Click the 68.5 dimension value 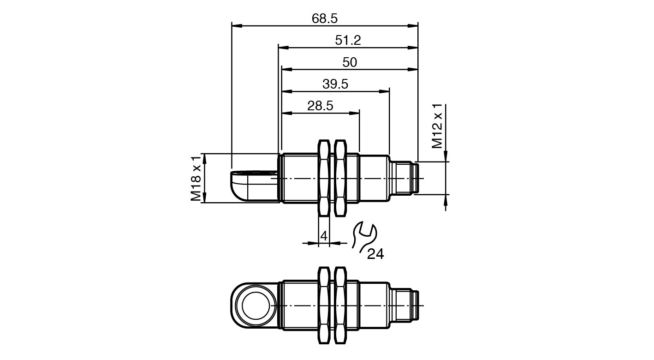(x=325, y=18)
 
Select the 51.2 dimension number (x=348, y=41)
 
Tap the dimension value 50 (x=350, y=62)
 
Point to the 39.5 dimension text (x=335, y=84)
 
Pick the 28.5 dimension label (x=320, y=106)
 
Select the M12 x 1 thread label (x=437, y=126)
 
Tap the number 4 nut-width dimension (x=324, y=236)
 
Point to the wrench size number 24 (x=375, y=254)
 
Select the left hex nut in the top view (x=324, y=178)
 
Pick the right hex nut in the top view (x=340, y=178)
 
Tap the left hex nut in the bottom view (x=324, y=306)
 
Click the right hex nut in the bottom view (x=340, y=306)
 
